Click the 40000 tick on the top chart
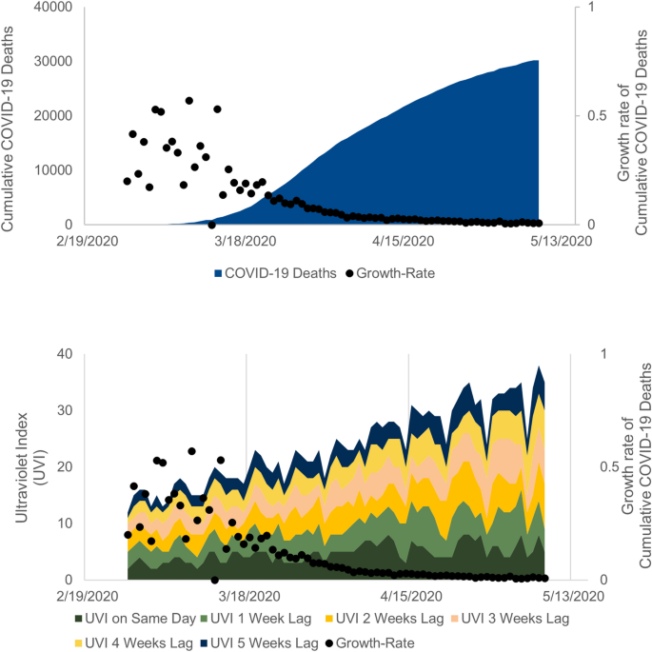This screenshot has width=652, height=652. click(x=52, y=7)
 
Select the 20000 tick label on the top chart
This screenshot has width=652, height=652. click(x=52, y=115)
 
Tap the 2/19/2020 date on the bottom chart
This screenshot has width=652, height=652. click(x=87, y=596)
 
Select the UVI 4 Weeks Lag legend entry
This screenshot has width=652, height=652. click(x=133, y=642)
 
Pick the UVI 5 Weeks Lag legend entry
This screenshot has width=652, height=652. click(x=264, y=642)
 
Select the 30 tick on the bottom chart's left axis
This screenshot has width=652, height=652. click(x=65, y=410)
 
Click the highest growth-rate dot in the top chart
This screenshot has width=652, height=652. click(x=189, y=100)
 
